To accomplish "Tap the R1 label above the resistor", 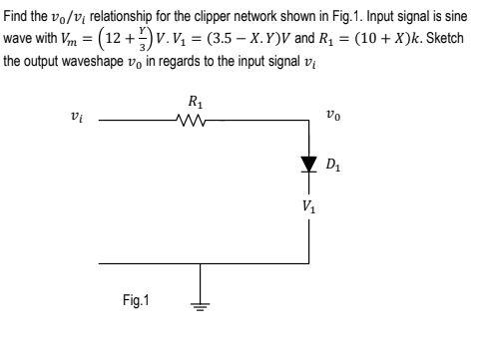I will (x=197, y=102).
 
